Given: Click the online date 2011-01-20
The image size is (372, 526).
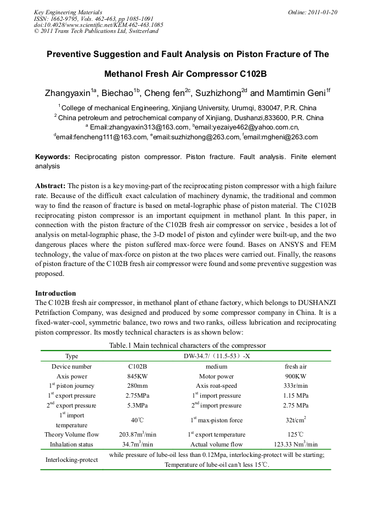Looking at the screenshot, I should [320, 12].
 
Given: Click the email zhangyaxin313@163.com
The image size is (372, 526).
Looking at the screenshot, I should [139, 127].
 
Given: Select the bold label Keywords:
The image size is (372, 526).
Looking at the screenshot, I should [53, 157].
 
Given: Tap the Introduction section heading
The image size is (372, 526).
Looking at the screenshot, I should [55, 293].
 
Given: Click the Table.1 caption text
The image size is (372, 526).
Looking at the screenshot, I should [187, 346].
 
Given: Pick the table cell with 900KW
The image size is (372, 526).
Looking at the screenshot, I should [296, 376].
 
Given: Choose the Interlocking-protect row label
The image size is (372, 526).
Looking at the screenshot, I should [71, 460].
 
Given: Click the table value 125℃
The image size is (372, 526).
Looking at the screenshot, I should [296, 434].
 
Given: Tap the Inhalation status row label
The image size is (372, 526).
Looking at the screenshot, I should [71, 444].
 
